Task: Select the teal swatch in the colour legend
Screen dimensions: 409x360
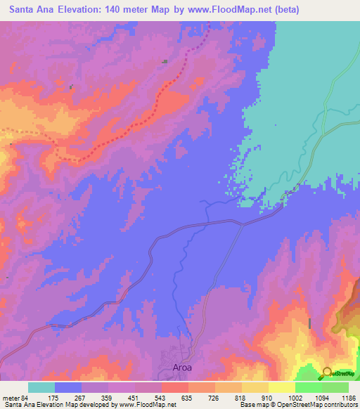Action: point(41,387)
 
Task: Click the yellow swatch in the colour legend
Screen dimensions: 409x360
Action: point(282,387)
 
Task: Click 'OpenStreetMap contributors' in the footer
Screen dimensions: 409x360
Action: point(321,405)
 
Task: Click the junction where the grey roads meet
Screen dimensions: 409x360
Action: point(242,226)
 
